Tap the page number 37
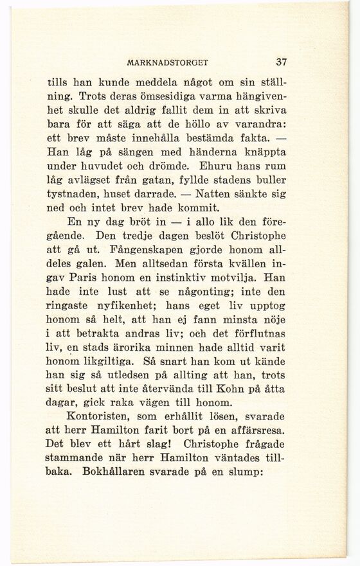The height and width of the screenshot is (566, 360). pyautogui.click(x=281, y=62)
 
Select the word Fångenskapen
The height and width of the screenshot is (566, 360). pyautogui.click(x=141, y=249)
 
